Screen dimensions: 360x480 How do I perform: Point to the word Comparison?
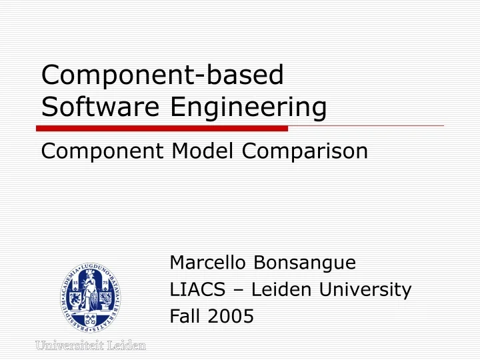coord(305,151)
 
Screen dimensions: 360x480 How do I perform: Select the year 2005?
coord(230,317)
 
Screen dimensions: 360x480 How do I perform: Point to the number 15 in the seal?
coord(75,283)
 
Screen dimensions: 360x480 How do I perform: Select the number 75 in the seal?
coord(105,283)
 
